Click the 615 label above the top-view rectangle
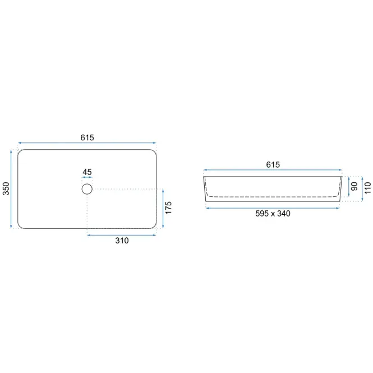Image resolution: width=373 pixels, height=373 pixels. (x=87, y=137)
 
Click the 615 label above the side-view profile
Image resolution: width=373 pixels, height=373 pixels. (x=273, y=164)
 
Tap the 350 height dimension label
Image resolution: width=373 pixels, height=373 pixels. (x=6, y=188)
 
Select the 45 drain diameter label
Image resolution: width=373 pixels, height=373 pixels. (x=87, y=172)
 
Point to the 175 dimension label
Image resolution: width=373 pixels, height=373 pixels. (x=168, y=208)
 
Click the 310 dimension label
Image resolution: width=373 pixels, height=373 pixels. (x=122, y=241)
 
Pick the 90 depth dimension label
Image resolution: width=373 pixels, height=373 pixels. (x=354, y=186)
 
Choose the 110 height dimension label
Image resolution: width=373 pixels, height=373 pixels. (x=367, y=188)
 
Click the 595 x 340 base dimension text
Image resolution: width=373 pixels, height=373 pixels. (x=273, y=213)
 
